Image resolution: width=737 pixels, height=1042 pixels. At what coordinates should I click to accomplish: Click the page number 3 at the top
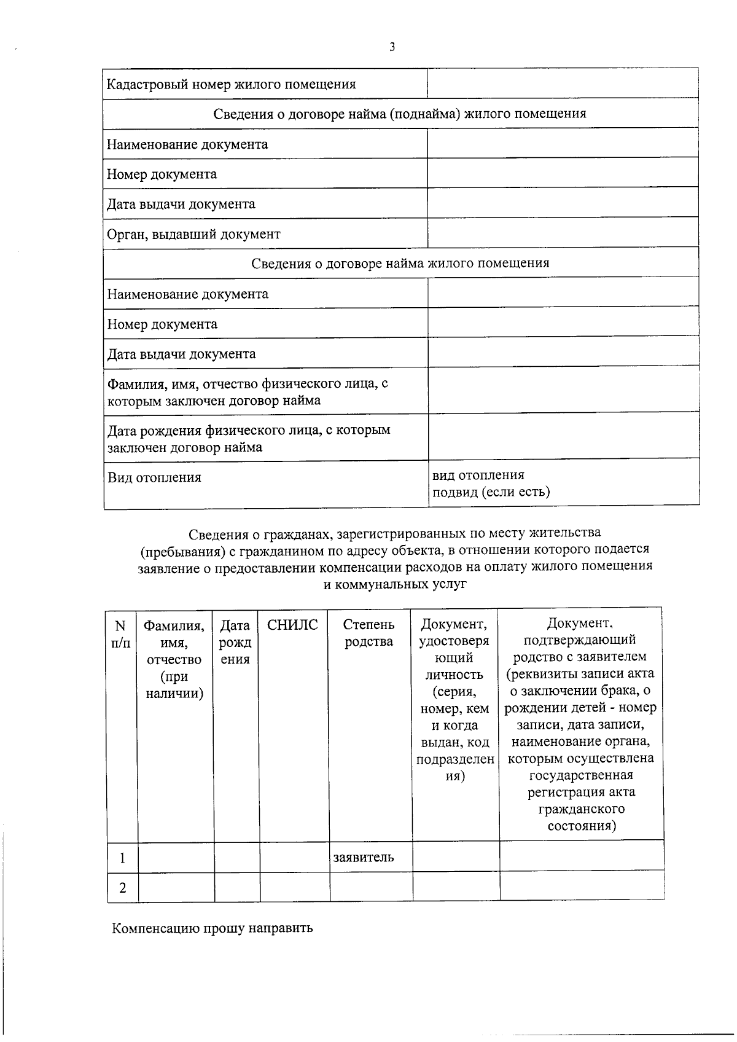click(392, 47)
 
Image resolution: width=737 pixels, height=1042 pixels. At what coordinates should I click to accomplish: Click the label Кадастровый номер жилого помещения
click(231, 84)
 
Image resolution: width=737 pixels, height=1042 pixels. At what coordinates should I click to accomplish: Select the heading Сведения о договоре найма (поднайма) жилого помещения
click(400, 114)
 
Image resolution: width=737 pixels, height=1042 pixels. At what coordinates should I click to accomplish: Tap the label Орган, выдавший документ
click(193, 234)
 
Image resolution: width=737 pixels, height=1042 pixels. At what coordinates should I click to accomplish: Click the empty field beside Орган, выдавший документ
click(563, 233)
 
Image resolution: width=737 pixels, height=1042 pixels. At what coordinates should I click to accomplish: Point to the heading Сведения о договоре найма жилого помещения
click(400, 264)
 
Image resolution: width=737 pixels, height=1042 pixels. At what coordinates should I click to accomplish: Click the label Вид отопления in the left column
click(155, 477)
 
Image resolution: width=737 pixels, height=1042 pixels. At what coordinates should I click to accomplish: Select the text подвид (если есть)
click(491, 492)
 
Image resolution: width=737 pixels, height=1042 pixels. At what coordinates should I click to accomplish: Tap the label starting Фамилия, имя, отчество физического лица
click(248, 392)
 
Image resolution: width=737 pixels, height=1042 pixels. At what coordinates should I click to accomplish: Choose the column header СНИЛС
click(293, 625)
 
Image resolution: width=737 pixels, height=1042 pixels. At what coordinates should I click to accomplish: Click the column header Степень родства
click(368, 633)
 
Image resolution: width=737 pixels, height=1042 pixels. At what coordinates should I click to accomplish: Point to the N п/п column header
click(121, 634)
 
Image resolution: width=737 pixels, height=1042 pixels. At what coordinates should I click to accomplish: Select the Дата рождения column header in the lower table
click(235, 642)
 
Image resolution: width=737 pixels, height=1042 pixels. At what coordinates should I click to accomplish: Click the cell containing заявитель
click(364, 857)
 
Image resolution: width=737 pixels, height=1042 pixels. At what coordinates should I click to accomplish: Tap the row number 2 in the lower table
click(123, 888)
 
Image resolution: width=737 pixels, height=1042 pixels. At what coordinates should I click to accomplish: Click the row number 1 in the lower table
click(123, 858)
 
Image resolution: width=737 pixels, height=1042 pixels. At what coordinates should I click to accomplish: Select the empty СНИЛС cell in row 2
click(295, 887)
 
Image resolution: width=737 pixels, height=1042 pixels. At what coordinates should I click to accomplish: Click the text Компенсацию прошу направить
click(212, 928)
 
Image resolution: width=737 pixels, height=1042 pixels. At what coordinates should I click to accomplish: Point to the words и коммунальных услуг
click(395, 584)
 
